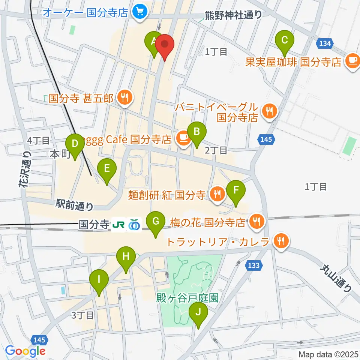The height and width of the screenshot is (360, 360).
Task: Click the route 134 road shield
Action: (x=325, y=43)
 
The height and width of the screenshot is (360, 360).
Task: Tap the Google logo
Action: (x=25, y=351)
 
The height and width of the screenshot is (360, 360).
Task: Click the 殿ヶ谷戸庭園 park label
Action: (x=187, y=298)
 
